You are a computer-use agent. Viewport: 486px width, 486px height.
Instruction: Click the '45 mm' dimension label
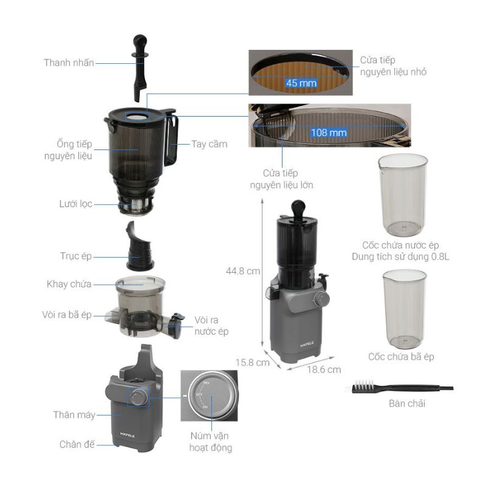pos(301,83)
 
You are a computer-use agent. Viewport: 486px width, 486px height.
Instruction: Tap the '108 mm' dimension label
pos(329,132)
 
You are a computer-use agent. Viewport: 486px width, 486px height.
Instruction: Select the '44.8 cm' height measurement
pos(243,271)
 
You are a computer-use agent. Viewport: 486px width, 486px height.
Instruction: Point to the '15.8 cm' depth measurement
pos(253,362)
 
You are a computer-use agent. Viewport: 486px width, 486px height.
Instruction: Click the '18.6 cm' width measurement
pos(324,369)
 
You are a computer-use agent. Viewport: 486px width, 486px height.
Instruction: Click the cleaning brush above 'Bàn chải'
pos(399,387)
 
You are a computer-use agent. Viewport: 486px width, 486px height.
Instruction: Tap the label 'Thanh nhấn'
pos(69,63)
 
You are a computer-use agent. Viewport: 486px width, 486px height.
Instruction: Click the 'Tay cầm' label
pos(209,144)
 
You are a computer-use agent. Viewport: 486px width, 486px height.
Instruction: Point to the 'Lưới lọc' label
pos(75,204)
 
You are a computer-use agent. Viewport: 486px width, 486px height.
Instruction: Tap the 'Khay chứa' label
pos(69,284)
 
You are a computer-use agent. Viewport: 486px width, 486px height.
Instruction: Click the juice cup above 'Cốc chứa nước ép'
pos(403,194)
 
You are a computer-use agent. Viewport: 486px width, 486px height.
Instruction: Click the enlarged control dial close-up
pos(209,395)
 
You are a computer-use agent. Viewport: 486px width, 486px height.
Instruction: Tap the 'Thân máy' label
pos(74,415)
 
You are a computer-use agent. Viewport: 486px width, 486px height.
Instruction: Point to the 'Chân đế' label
pos(77,445)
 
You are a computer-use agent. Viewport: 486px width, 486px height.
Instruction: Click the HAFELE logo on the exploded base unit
pos(128,436)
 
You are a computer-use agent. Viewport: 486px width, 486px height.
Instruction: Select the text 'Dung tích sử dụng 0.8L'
pos(400,256)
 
